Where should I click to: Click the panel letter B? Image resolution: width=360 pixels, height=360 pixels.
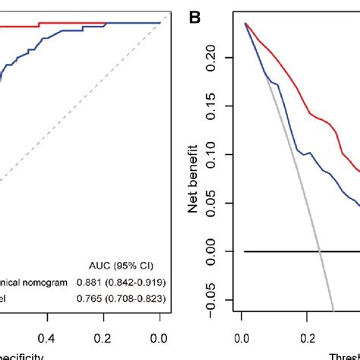coord(196,14)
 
